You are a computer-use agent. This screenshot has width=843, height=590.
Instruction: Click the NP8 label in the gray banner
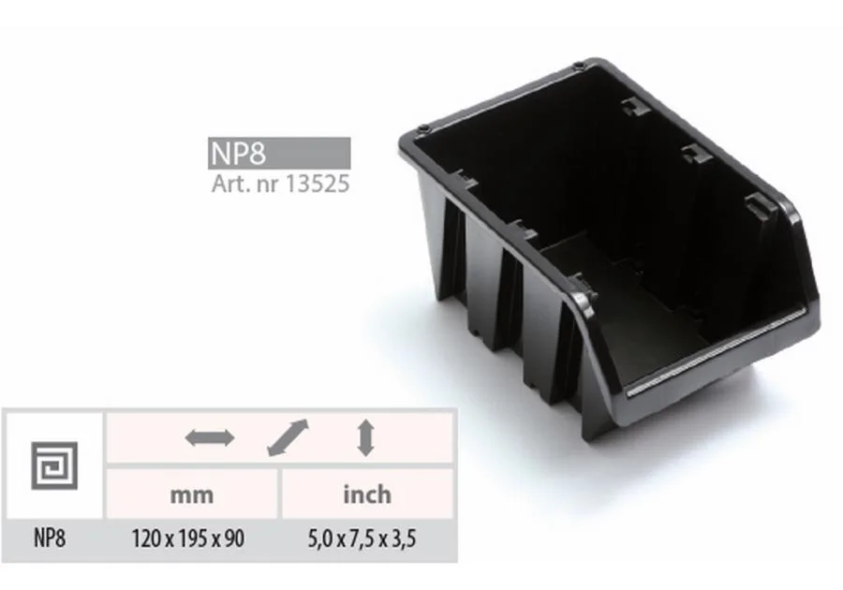click(x=238, y=154)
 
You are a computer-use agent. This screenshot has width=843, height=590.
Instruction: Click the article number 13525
click(x=317, y=184)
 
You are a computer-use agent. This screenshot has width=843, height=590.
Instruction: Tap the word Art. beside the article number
click(x=231, y=184)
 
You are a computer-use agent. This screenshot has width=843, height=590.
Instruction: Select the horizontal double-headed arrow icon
click(x=210, y=438)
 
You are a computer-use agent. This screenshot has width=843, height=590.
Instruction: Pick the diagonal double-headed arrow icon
click(x=288, y=438)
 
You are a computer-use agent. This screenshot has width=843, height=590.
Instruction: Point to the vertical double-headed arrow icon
click(x=366, y=438)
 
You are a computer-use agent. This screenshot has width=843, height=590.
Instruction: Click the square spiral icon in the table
click(x=54, y=465)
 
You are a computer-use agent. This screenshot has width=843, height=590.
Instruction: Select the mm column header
click(x=192, y=494)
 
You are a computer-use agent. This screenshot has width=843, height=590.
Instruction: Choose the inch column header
click(x=367, y=494)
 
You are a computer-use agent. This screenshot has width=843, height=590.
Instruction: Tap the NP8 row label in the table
click(x=50, y=538)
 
